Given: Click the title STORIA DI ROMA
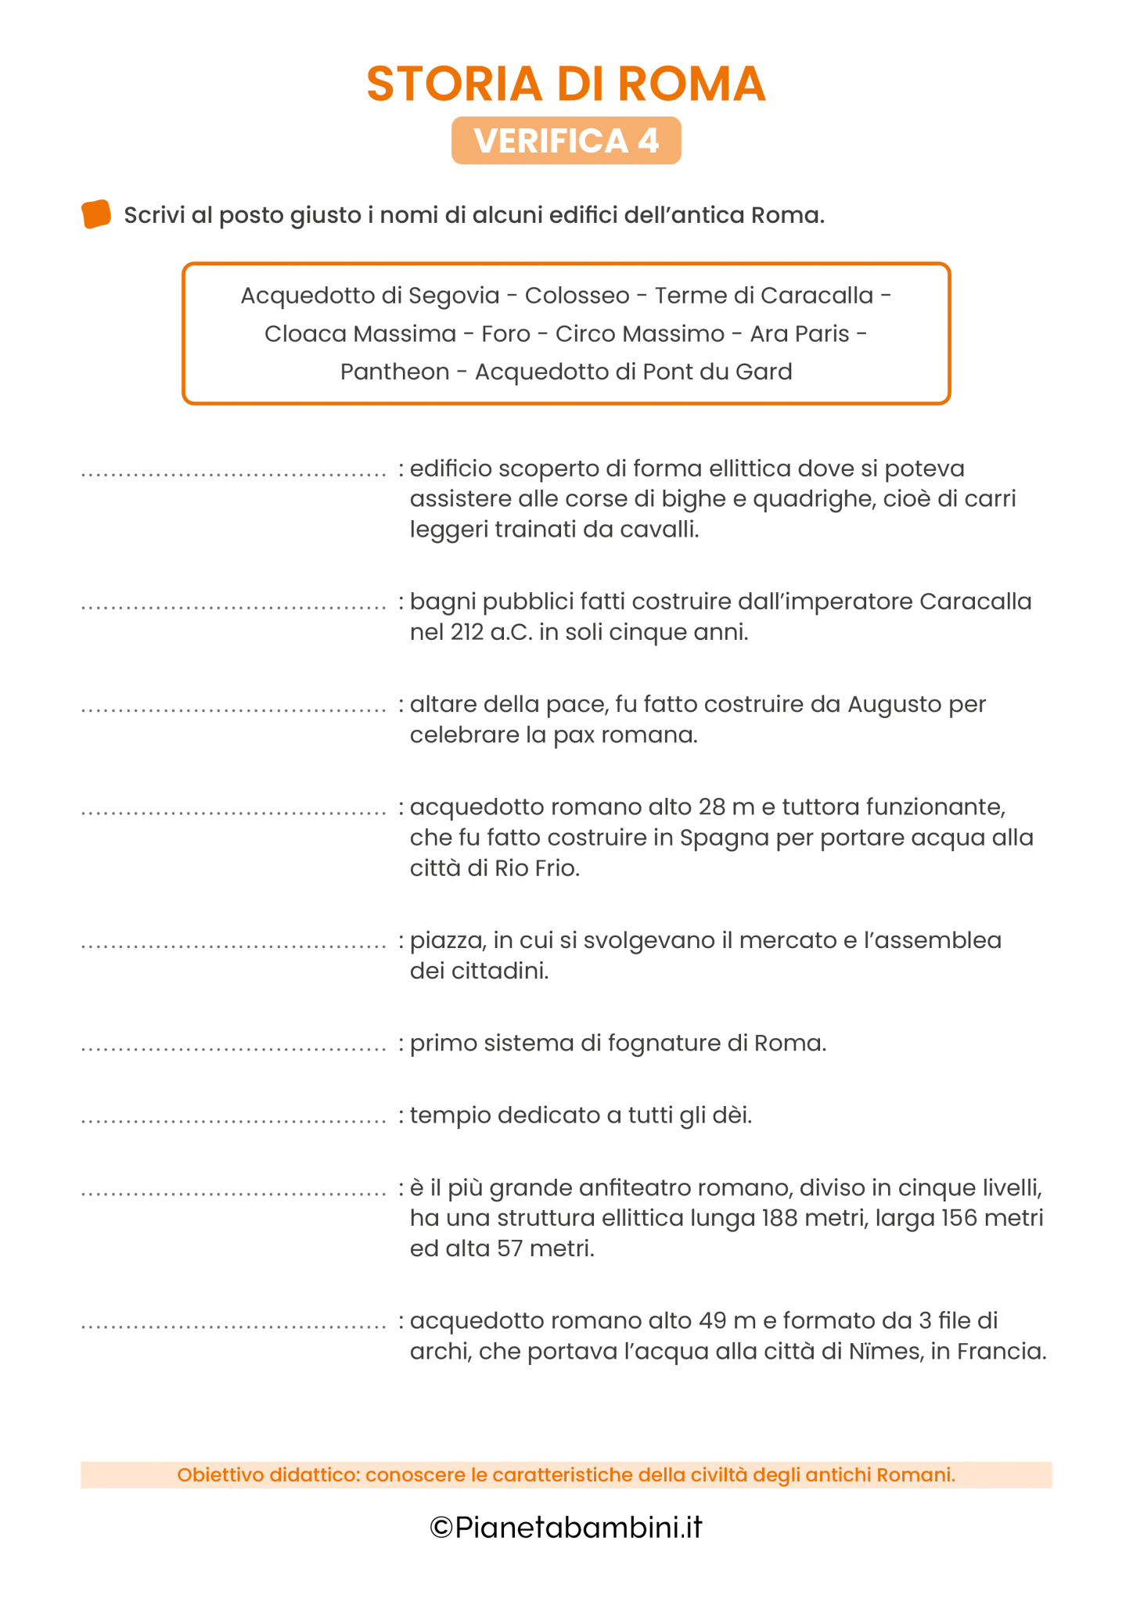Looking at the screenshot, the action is point(566,84).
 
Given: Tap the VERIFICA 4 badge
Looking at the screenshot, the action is point(566,141).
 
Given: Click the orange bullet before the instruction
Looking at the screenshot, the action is point(96,214).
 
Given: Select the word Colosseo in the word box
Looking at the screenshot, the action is point(577,296).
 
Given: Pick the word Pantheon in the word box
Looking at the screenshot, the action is point(394,372).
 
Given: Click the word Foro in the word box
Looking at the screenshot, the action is point(505,334).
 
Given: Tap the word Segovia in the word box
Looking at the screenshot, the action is point(454,296).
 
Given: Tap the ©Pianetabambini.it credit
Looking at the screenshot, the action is point(566,1527).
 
